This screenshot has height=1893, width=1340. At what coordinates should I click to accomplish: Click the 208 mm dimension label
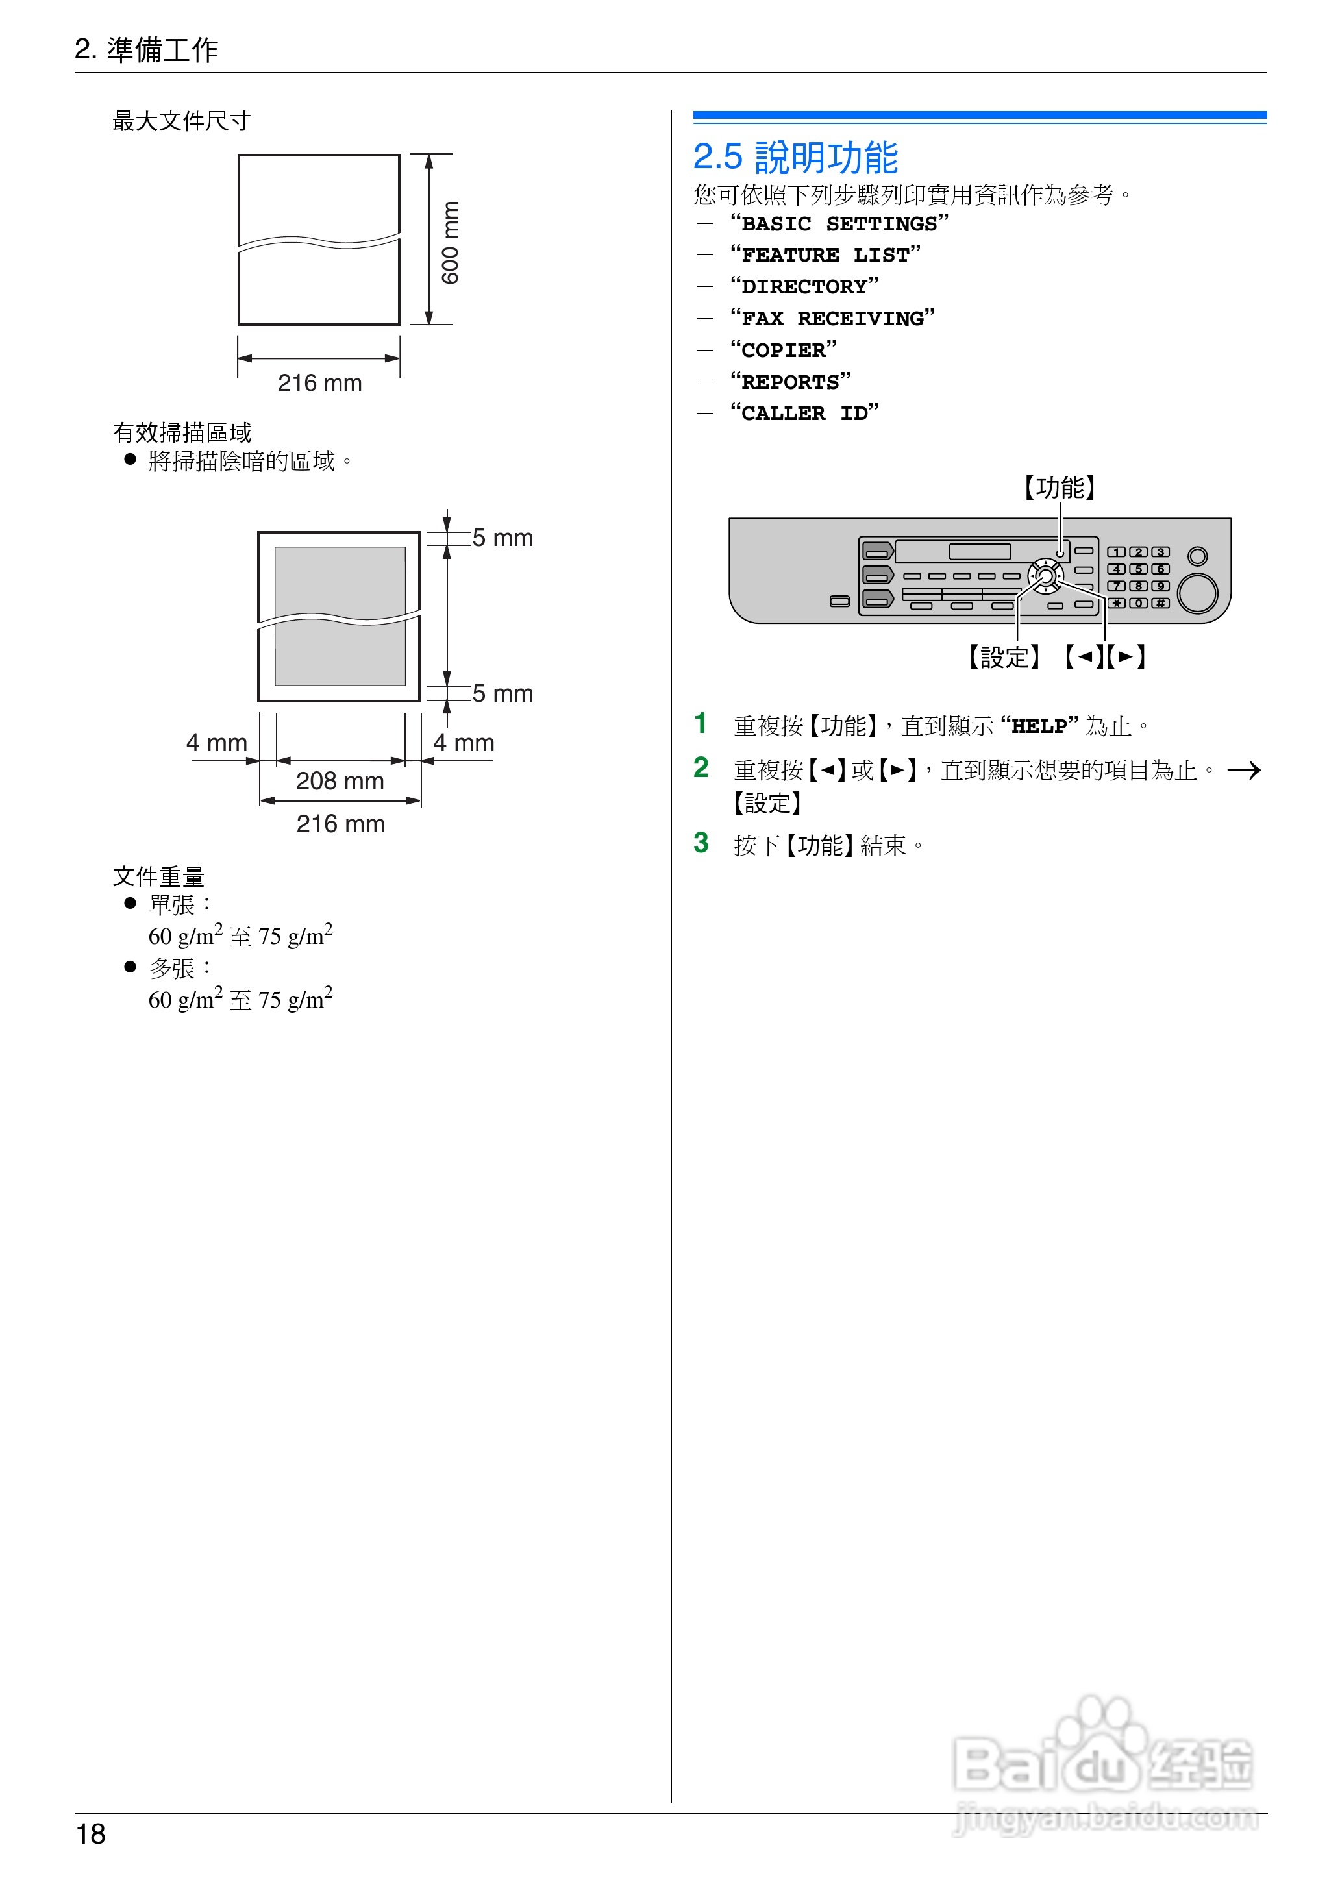click(x=340, y=780)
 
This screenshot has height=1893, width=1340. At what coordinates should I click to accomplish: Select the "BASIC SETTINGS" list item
click(x=839, y=223)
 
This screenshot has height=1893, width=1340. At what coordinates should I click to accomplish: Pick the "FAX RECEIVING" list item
click(x=832, y=318)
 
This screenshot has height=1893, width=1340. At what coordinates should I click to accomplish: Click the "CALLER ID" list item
click(x=804, y=414)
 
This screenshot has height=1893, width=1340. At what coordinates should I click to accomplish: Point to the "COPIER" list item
click(x=783, y=351)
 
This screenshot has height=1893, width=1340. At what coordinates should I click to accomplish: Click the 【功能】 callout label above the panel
click(x=1060, y=488)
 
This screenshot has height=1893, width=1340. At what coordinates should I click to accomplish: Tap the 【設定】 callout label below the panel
click(x=1004, y=658)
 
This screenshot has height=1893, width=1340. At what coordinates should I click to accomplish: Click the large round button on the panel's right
click(x=1197, y=593)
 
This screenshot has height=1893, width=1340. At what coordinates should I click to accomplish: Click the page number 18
click(x=91, y=1834)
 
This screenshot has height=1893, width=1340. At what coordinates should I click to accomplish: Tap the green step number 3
click(x=701, y=843)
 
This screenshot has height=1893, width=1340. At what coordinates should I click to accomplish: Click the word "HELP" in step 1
click(x=1039, y=726)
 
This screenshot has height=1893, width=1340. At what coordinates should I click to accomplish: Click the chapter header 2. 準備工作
click(x=147, y=49)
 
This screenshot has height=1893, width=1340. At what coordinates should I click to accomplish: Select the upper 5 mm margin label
click(x=503, y=538)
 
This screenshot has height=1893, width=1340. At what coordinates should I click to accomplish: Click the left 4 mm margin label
click(x=216, y=743)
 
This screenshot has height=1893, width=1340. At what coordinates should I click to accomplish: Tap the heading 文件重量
click(x=158, y=876)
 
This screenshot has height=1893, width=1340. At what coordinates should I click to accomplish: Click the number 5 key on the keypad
click(x=1138, y=569)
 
